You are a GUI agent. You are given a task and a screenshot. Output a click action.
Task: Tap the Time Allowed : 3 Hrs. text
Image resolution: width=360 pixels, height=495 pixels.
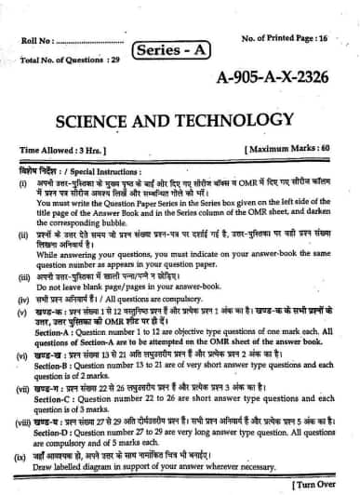click(63, 149)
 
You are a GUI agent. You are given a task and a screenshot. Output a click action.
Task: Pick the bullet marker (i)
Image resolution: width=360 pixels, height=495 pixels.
click(22, 184)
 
